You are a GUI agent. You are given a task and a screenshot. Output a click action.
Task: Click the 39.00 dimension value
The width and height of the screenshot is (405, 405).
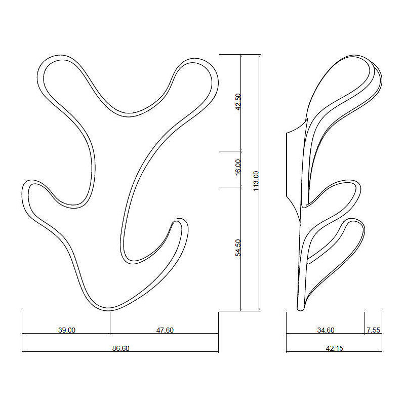click(x=67, y=330)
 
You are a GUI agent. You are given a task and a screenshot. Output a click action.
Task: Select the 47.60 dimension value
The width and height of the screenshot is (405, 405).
click(x=165, y=330)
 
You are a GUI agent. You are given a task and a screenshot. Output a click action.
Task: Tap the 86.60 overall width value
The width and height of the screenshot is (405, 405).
click(x=120, y=348)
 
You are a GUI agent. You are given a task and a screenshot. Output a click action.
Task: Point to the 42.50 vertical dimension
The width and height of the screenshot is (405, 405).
click(x=238, y=102)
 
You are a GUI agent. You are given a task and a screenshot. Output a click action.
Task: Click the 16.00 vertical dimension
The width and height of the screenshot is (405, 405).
click(x=238, y=167)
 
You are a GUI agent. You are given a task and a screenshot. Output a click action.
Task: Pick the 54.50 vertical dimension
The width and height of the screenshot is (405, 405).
click(x=238, y=248)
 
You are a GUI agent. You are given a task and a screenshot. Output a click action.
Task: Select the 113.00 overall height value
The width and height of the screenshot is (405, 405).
click(x=256, y=181)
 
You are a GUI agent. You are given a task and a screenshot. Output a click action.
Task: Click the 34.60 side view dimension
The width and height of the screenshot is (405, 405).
click(x=326, y=330)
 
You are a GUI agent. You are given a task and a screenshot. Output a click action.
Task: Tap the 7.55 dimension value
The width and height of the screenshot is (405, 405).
click(x=374, y=330)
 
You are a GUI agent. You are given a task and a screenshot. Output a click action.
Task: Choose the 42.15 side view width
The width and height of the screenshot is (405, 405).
click(x=335, y=348)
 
